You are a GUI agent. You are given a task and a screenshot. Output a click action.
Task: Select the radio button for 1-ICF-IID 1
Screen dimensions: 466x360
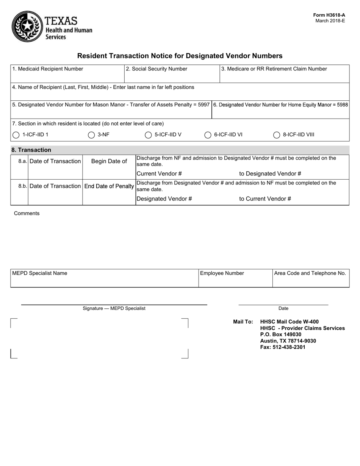(x=16, y=135)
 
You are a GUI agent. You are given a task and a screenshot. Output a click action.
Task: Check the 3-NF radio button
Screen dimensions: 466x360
(x=91, y=135)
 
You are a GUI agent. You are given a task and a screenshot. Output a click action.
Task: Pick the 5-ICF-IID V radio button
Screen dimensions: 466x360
(x=148, y=135)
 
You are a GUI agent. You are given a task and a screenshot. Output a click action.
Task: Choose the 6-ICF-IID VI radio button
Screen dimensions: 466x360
(x=208, y=135)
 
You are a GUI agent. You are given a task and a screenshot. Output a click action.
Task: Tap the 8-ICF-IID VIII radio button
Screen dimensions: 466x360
(x=277, y=135)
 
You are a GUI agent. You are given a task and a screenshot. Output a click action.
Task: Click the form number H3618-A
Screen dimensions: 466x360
(x=329, y=15)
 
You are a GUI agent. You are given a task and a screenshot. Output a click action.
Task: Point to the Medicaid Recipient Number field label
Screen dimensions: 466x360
(x=48, y=69)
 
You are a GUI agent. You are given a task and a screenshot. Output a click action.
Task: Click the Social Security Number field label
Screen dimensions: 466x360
(x=157, y=69)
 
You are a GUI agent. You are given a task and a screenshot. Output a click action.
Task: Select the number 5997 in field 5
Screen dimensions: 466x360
(x=203, y=105)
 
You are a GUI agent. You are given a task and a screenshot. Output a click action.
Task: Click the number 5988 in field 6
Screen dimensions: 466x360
(x=341, y=105)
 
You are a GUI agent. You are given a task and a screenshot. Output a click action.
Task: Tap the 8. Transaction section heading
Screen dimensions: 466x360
(x=31, y=150)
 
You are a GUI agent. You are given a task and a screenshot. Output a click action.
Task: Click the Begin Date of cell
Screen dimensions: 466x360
(x=109, y=161)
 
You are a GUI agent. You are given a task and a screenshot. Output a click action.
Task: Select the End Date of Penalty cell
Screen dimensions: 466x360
(x=109, y=186)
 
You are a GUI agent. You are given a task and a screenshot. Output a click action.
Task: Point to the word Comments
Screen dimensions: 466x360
(x=27, y=213)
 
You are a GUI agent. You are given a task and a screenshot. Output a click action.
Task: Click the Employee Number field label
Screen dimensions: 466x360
(x=222, y=273)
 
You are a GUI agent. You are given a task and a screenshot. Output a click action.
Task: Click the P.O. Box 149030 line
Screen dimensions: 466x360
(x=281, y=335)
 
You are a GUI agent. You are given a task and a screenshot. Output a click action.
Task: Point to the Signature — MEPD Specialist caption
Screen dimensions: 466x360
(x=114, y=308)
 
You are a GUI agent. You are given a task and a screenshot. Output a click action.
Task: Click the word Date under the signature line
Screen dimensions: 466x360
(x=283, y=308)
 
